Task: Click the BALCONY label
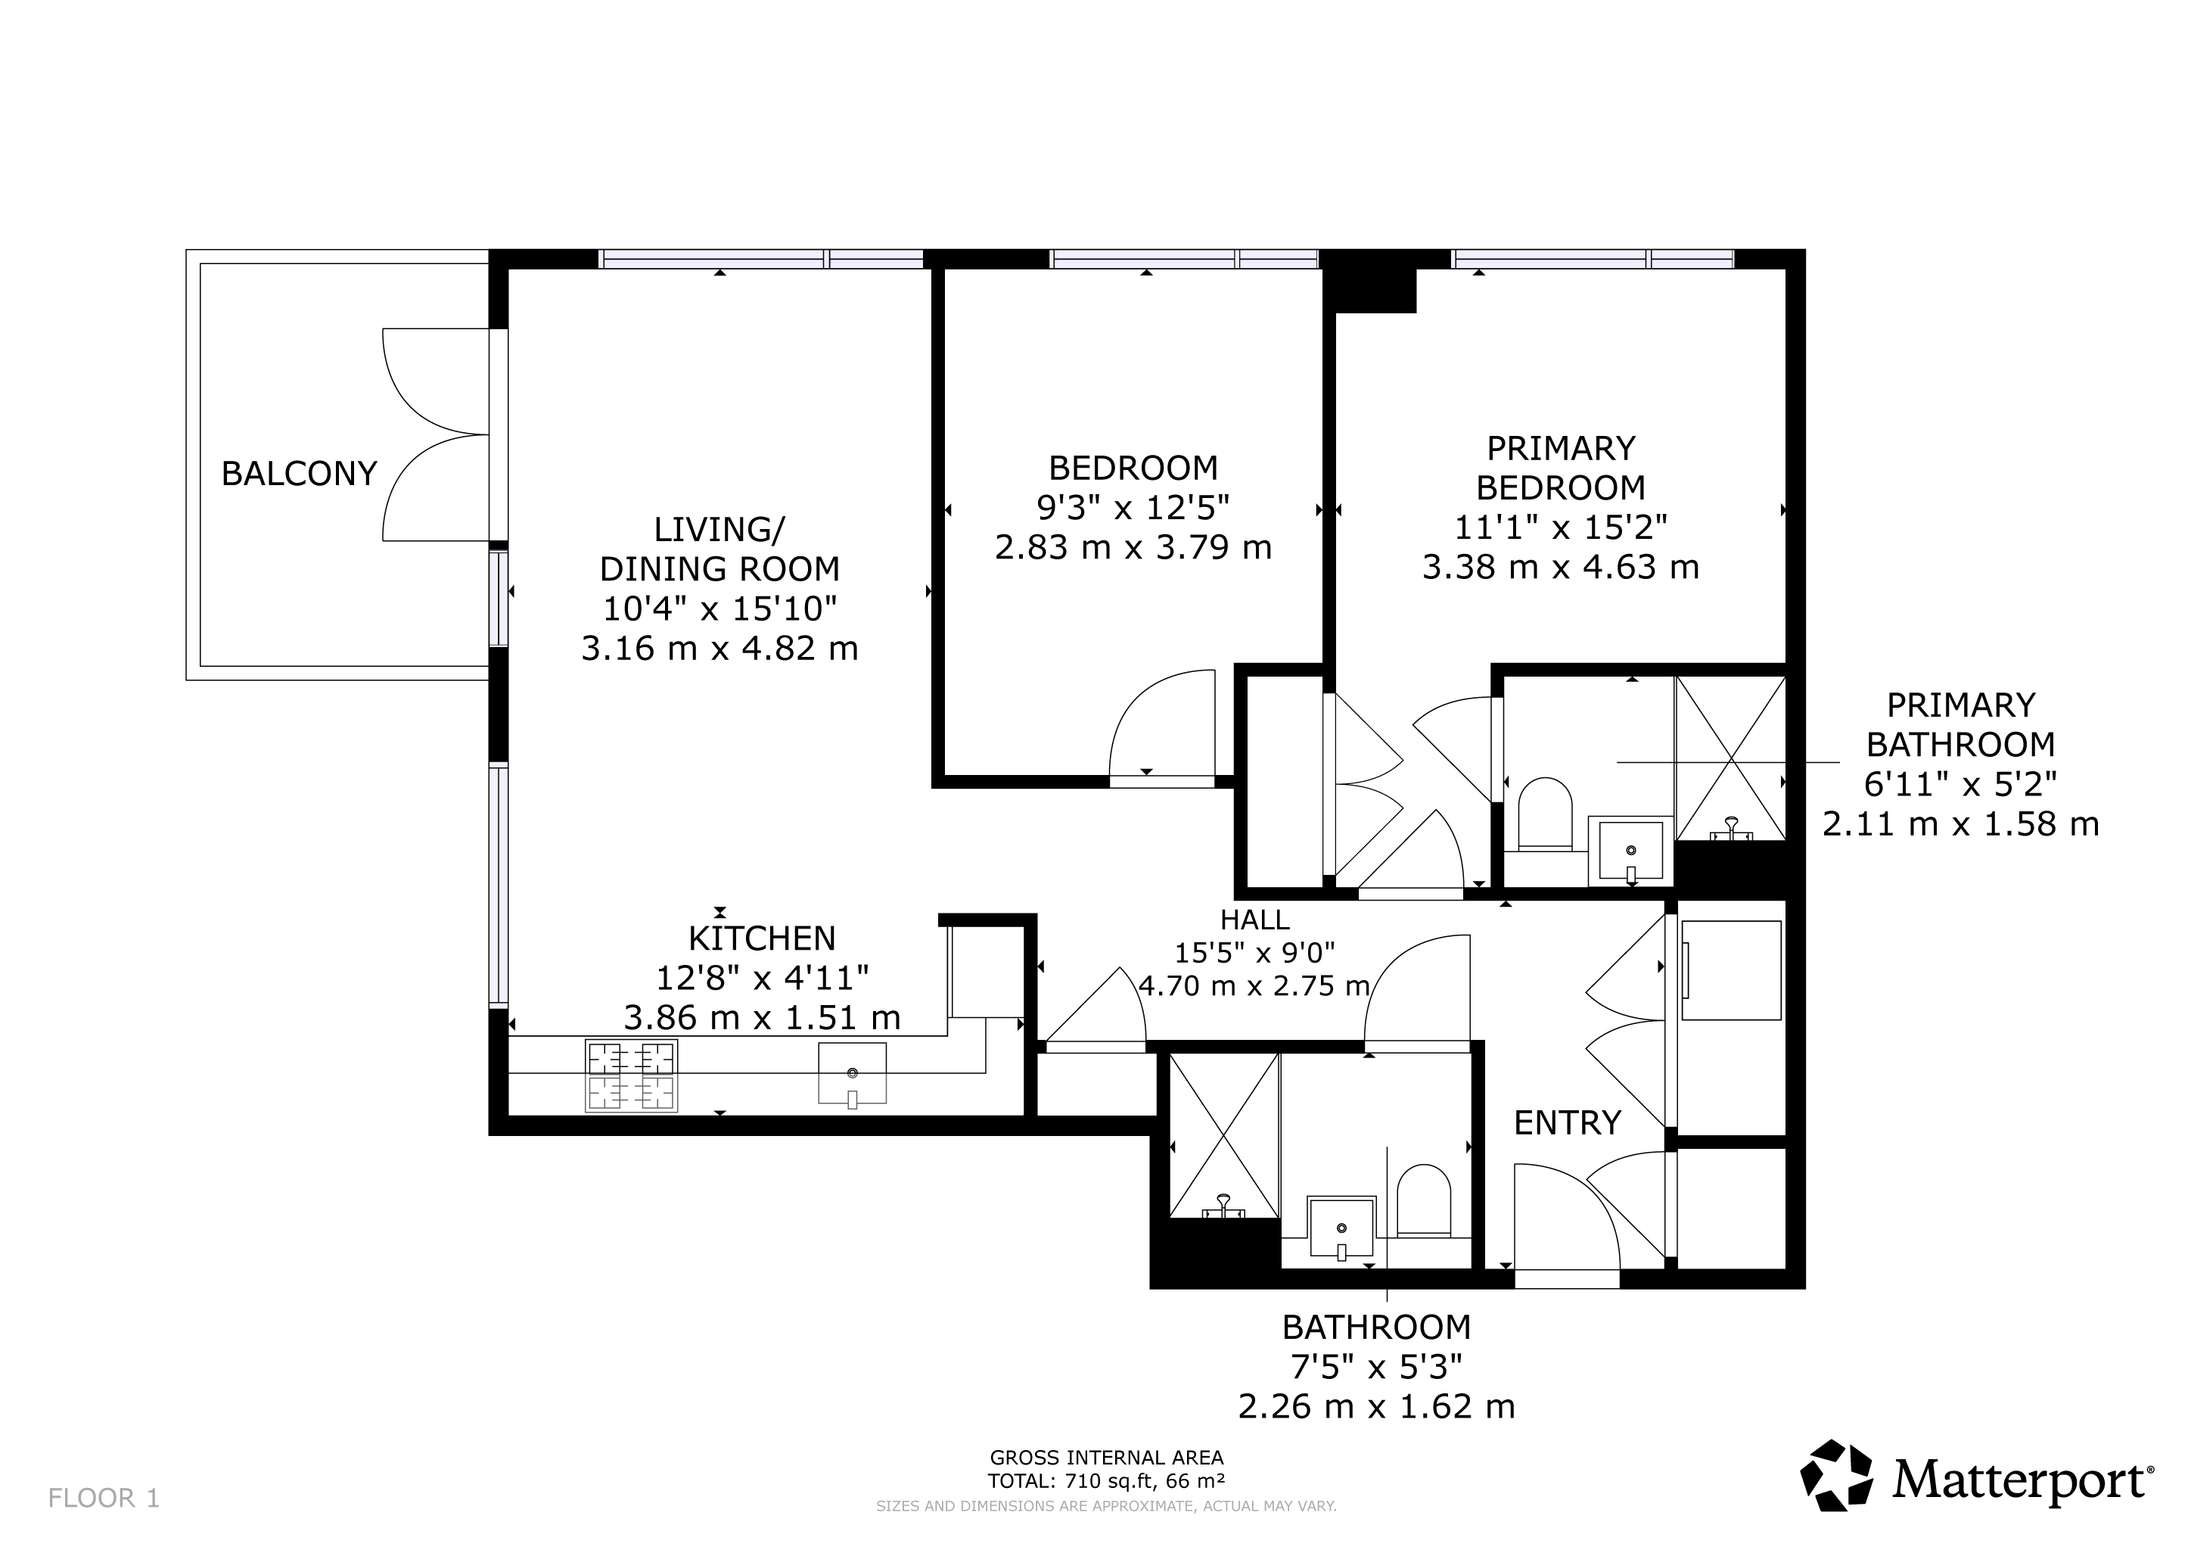[x=299, y=473]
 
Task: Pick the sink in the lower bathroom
[x=1341, y=1228]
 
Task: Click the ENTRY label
[x=1568, y=1123]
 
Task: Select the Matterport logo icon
[x=1837, y=1477]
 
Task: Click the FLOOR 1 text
[x=104, y=1499]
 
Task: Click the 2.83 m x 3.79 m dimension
[x=1133, y=548]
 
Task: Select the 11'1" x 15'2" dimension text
[x=1562, y=527]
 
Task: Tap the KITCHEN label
[x=762, y=939]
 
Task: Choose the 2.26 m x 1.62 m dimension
[x=1377, y=1407]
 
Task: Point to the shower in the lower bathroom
[x=1223, y=1136]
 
